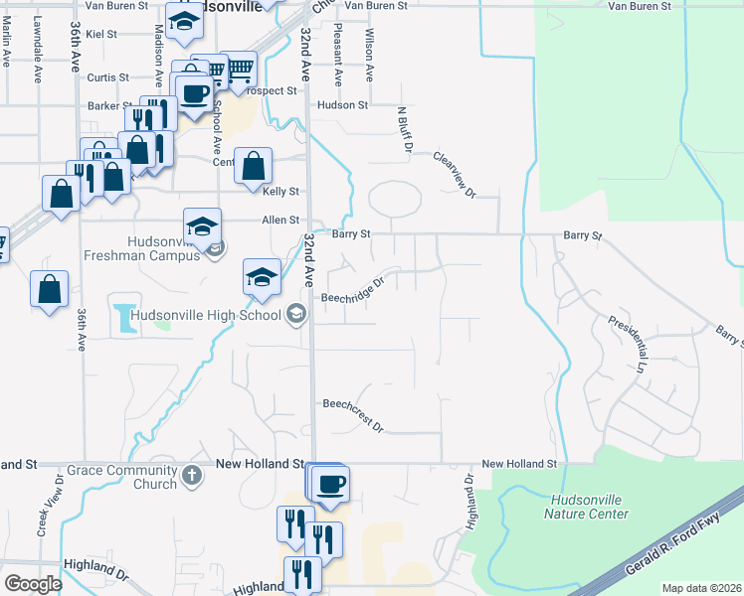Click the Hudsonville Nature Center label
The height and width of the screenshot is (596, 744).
coord(586,507)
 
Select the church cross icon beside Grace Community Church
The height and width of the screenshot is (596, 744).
coord(193,476)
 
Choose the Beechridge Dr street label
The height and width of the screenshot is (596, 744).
coord(352,290)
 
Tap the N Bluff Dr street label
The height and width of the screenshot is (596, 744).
coord(404,130)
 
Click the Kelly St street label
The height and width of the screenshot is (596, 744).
coord(280,191)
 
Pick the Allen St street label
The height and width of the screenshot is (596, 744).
coord(280,220)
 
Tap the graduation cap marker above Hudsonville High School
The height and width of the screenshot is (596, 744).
coord(263,276)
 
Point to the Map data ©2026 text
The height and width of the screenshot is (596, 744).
coord(702,588)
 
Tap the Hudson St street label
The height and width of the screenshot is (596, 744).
coord(342,104)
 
